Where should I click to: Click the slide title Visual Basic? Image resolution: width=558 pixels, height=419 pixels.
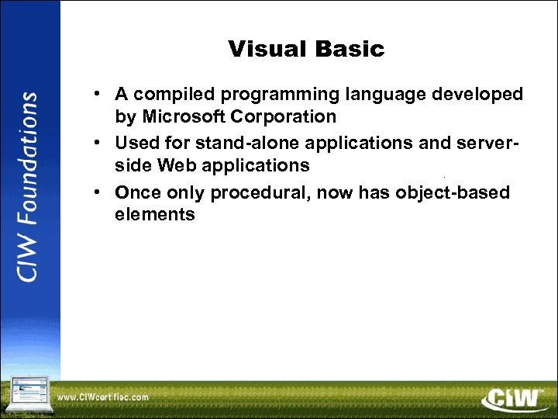[x=306, y=50]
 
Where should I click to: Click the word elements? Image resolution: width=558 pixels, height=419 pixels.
[x=155, y=214]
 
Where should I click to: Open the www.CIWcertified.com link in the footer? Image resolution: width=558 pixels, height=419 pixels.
[x=103, y=397]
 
